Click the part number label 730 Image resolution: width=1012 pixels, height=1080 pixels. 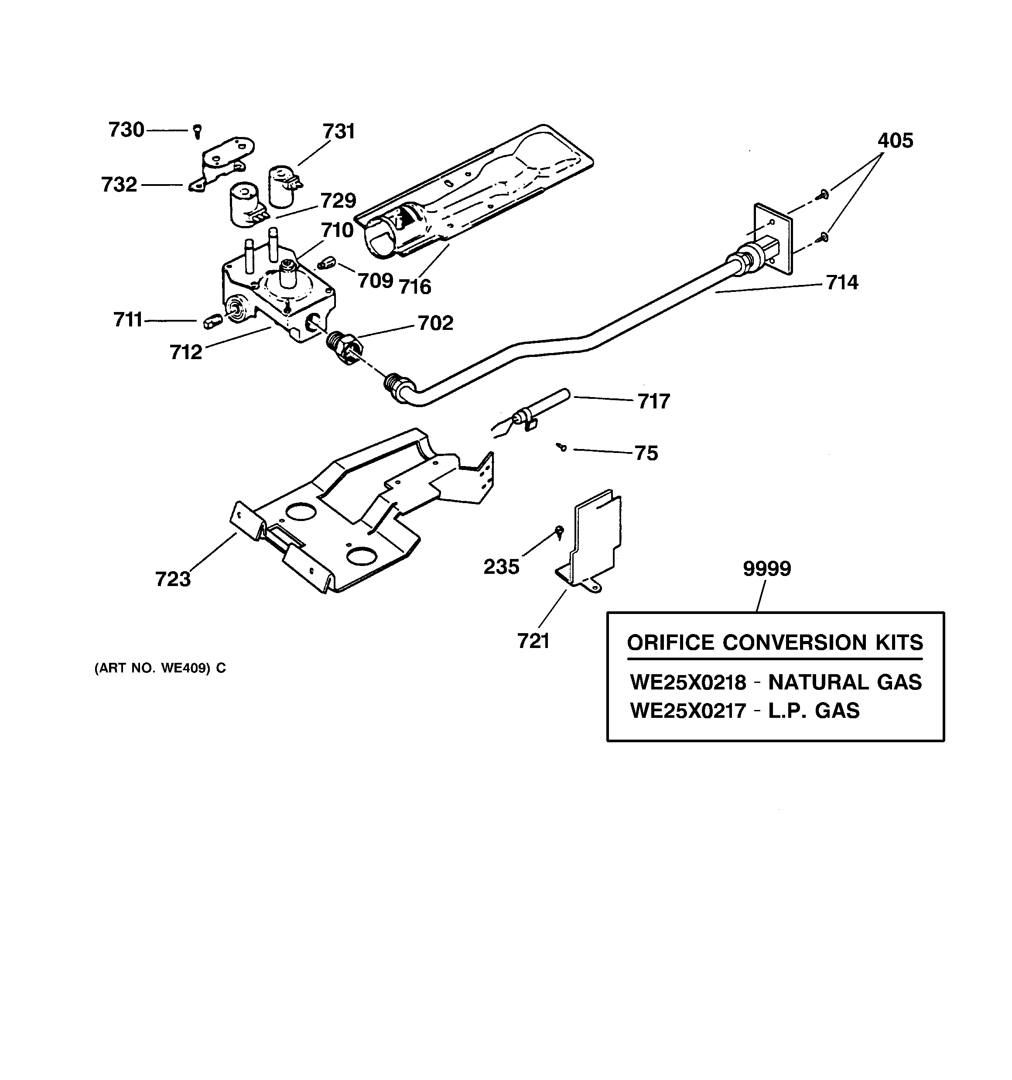126,130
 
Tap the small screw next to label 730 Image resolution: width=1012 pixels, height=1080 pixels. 198,131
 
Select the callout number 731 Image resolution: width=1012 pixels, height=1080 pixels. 338,131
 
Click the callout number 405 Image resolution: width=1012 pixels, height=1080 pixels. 895,141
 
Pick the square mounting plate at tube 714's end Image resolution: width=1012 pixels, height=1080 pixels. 773,237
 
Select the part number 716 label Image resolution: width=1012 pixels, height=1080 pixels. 415,286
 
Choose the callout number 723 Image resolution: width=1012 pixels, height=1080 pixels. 173,579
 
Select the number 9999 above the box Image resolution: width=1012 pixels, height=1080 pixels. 767,569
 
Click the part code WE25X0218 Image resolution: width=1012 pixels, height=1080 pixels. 688,682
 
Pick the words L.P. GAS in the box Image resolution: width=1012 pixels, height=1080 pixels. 814,710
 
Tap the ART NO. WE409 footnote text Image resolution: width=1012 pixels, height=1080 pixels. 160,668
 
